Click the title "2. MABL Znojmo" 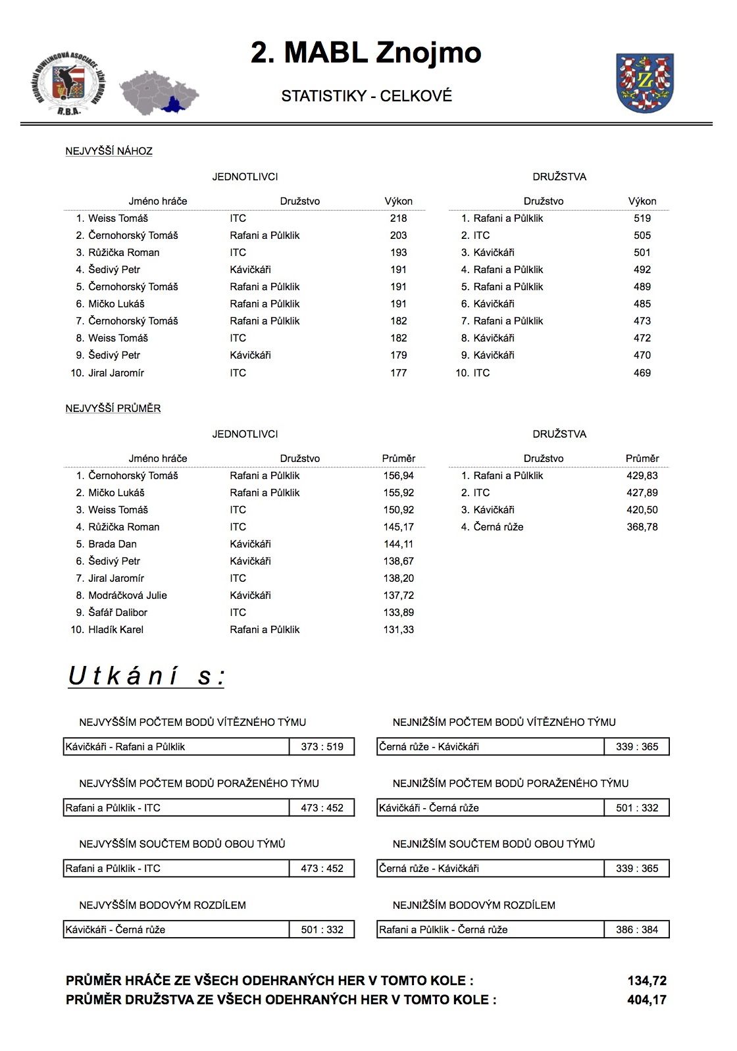[x=366, y=53]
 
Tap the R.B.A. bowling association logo [x=68, y=84]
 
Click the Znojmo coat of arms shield [x=645, y=82]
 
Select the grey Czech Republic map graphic [x=159, y=92]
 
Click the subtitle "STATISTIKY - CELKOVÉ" [x=367, y=96]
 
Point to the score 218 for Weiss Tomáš [x=398, y=218]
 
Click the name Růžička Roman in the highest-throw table [x=124, y=253]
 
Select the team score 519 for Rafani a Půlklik [x=642, y=218]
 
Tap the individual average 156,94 [x=398, y=476]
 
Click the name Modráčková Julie [x=128, y=596]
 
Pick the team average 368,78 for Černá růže [x=642, y=527]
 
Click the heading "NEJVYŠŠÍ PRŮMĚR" [x=113, y=409]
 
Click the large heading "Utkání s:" [x=146, y=677]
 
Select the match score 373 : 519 [x=322, y=747]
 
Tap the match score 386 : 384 [x=636, y=930]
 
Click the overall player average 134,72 [x=646, y=981]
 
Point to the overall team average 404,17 [x=646, y=1000]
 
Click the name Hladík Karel [x=116, y=630]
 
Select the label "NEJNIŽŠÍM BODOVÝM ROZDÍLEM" [x=474, y=906]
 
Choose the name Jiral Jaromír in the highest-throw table [x=116, y=373]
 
